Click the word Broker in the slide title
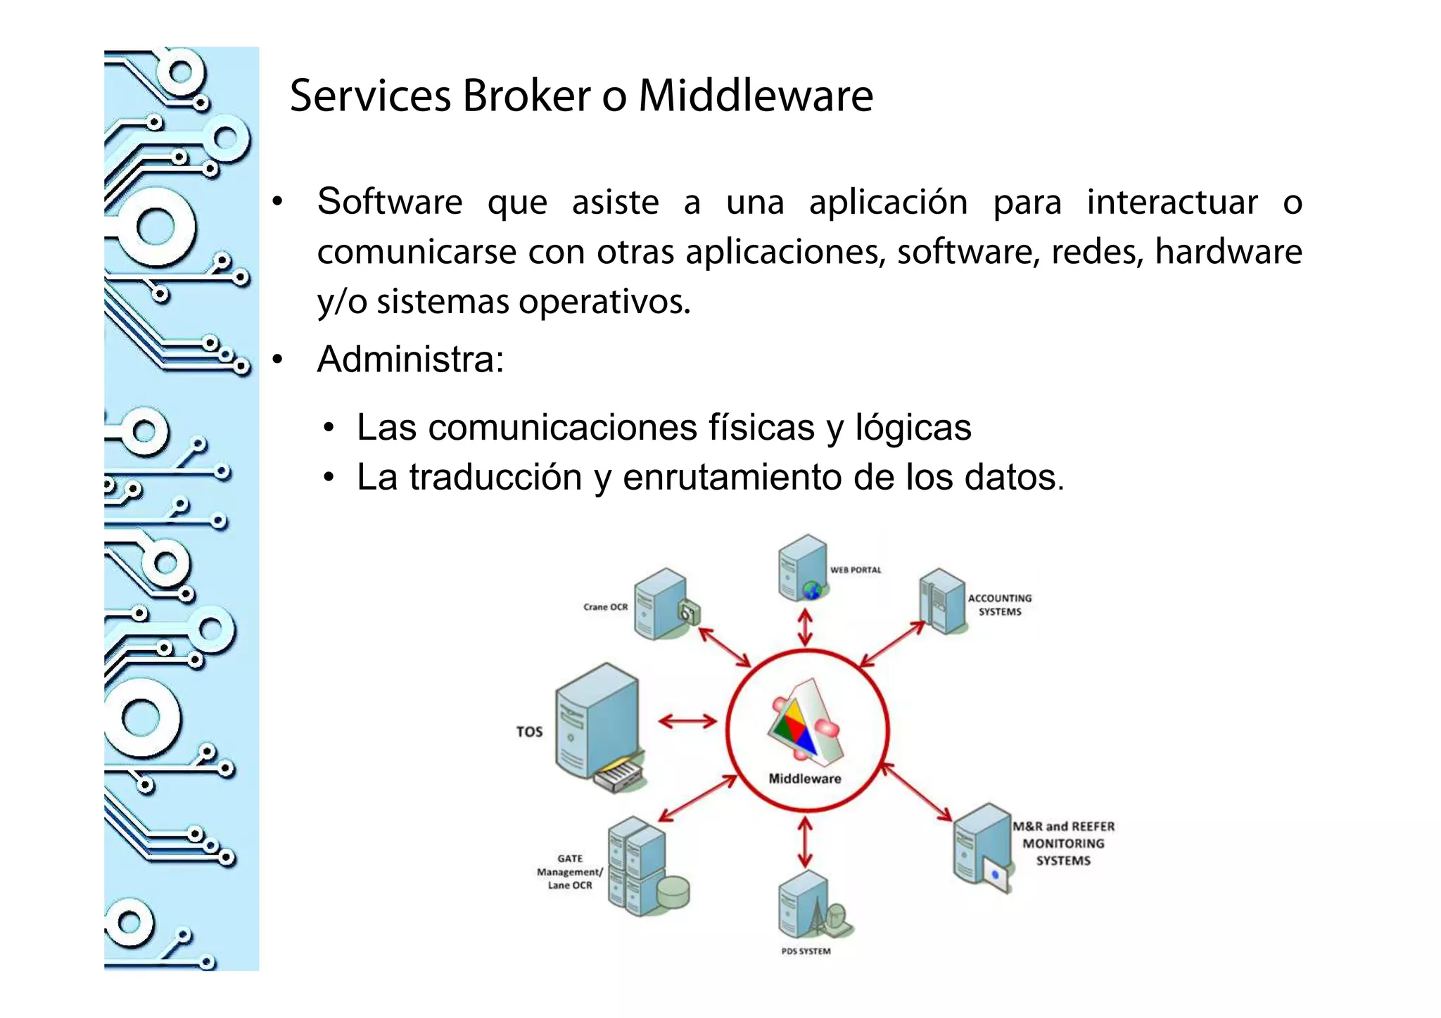(526, 96)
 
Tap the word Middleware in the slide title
(756, 96)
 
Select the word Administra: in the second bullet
(410, 360)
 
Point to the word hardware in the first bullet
(1228, 252)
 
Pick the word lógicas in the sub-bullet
(913, 427)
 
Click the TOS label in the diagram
(529, 732)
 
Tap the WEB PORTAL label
(855, 570)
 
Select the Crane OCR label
(605, 606)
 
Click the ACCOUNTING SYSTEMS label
(999, 605)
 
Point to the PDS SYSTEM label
(806, 951)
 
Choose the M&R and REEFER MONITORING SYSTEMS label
(1063, 843)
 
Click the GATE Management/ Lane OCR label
(570, 872)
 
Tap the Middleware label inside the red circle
(805, 779)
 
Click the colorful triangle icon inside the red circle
(802, 725)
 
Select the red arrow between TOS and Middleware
(687, 720)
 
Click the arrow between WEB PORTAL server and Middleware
(805, 627)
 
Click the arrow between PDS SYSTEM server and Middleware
(805, 841)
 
